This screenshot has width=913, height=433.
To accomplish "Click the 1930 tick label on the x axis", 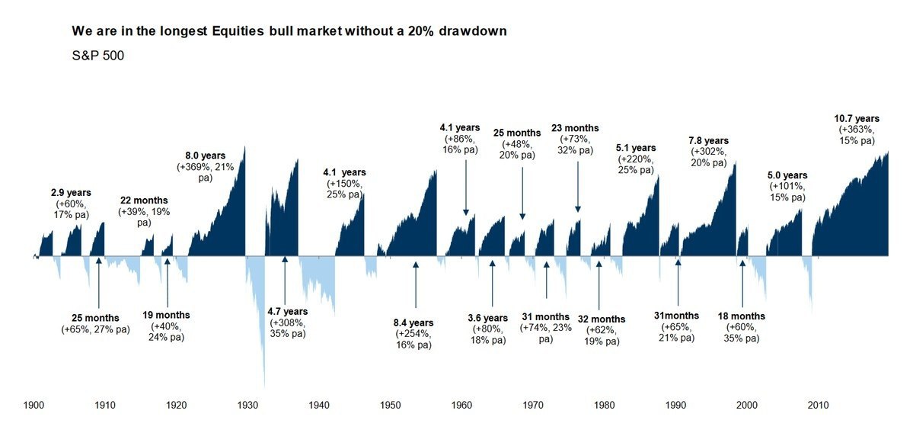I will [247, 405].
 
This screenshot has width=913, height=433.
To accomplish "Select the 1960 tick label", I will [462, 405].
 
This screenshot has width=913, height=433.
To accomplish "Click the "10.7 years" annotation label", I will [857, 118].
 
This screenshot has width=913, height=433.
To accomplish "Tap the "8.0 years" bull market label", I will [206, 156].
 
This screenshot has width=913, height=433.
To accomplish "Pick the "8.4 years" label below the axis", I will [414, 322].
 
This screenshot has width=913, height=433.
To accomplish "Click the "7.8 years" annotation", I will [708, 140].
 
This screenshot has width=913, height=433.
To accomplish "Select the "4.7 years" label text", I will [288, 311].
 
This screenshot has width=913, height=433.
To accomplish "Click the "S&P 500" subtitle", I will [93, 56].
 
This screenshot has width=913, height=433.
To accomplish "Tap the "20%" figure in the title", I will [444, 31].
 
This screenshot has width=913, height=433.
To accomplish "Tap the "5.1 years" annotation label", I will [635, 148].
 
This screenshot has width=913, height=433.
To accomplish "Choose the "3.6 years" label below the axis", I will [487, 318].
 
